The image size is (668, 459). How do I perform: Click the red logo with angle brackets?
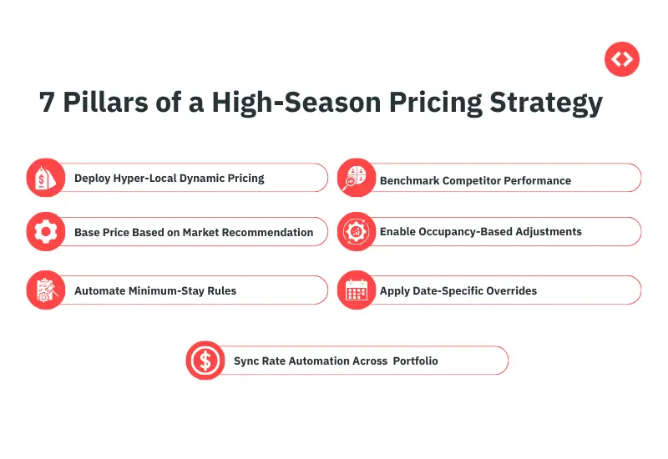tap(621, 59)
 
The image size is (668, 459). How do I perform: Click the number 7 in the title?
tap(48, 103)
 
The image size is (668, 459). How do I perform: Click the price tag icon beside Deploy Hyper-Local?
tap(45, 178)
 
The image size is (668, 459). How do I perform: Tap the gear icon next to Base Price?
tap(45, 232)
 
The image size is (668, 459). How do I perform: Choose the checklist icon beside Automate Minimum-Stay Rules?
tap(45, 290)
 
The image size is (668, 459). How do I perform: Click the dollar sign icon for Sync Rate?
tap(205, 361)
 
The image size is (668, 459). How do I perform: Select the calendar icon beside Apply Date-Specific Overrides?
tap(357, 290)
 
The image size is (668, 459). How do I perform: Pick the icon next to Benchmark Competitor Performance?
tap(357, 178)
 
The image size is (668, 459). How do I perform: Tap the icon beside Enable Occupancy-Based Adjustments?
tap(357, 232)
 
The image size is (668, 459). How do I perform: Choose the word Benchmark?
tap(409, 180)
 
